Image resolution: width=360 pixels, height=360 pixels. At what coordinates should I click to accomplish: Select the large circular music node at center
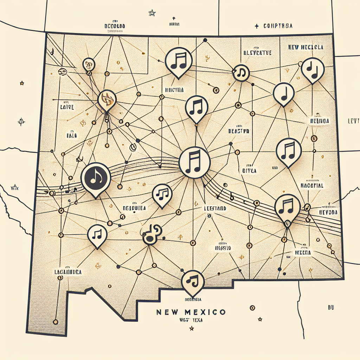coord(194,162)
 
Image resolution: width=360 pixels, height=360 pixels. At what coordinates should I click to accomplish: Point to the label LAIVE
coord(67,107)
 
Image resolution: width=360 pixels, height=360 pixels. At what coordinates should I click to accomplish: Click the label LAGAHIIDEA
coord(68,272)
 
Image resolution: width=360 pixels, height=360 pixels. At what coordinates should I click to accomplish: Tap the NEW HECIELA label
coord(306,47)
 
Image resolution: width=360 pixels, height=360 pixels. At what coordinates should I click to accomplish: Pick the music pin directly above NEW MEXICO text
coord(193,282)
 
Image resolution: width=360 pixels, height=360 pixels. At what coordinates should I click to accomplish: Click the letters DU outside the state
coord(330,308)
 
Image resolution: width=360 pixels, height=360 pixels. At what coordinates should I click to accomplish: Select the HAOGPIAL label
coord(312,185)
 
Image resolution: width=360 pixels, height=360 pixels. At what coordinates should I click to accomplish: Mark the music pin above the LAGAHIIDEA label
coord(97,235)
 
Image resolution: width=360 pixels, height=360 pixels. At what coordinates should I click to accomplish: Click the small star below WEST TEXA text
coord(192,328)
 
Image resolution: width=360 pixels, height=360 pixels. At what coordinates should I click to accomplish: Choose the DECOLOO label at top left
coord(115,26)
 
